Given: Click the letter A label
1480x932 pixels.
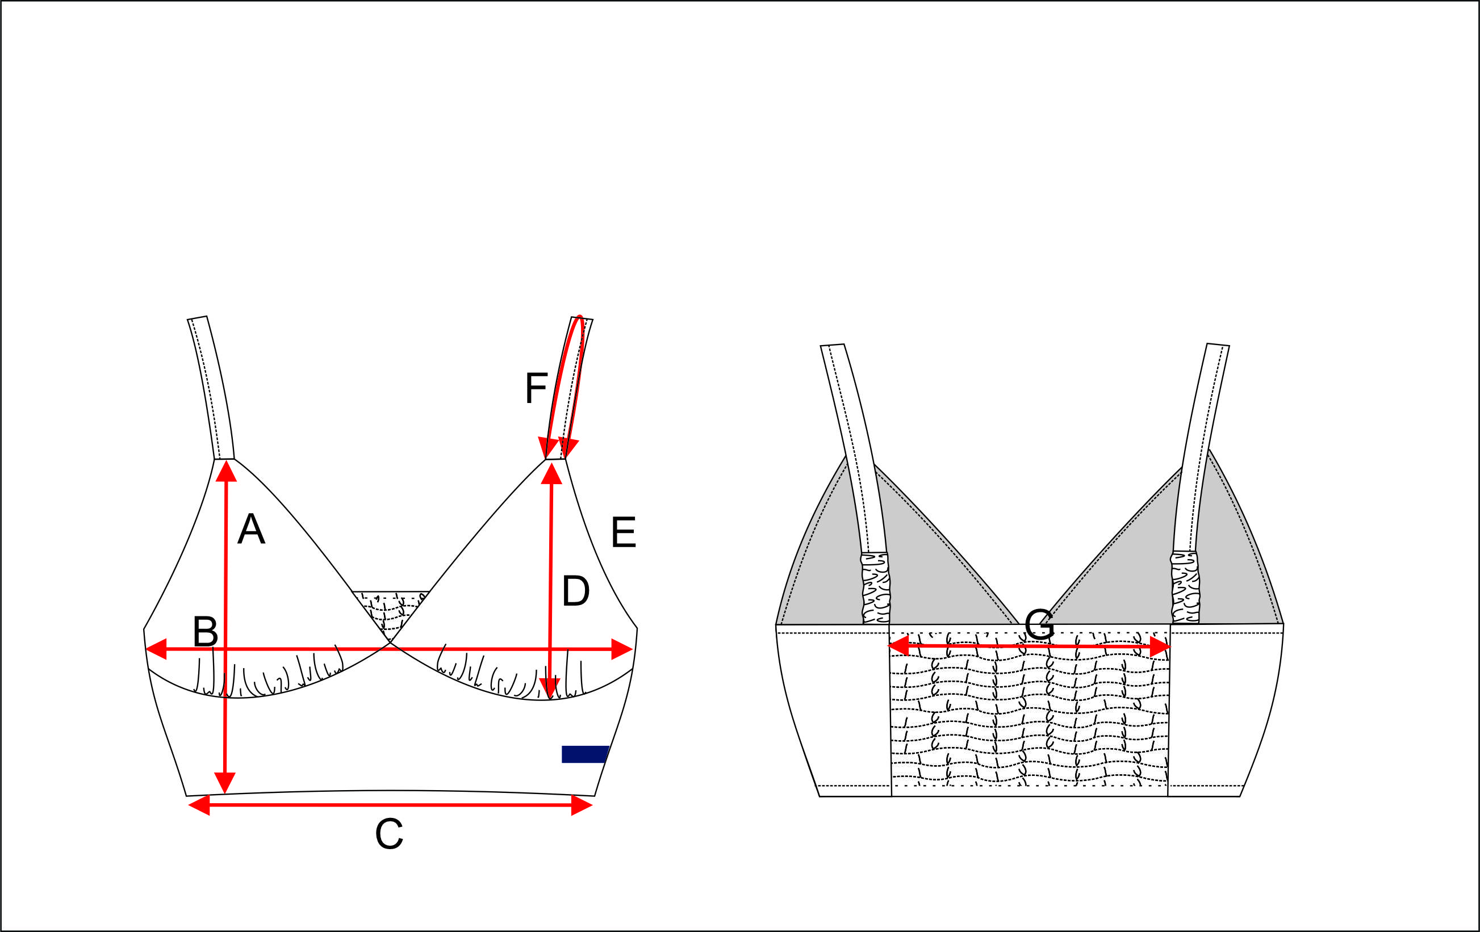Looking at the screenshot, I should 251,529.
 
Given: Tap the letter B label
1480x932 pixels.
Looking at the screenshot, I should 205,632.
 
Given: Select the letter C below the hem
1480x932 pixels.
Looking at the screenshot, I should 388,834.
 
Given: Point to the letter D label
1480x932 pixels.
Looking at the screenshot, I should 575,591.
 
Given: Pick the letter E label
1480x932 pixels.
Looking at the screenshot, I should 623,532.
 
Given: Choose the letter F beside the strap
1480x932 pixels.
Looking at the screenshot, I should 536,388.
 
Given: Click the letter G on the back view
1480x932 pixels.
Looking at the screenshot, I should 1039,624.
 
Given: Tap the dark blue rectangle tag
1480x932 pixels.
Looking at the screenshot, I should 584,754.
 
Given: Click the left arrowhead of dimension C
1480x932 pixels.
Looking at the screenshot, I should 199,805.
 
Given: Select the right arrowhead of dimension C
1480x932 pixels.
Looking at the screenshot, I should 582,805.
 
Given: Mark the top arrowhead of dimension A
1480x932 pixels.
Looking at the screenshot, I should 226,471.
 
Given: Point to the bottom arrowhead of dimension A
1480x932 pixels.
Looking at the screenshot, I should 225,783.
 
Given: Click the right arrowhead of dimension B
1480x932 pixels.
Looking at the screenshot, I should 621,649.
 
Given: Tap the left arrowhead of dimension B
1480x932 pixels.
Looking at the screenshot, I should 156,649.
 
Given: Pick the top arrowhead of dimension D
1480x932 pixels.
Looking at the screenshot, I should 551,473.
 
